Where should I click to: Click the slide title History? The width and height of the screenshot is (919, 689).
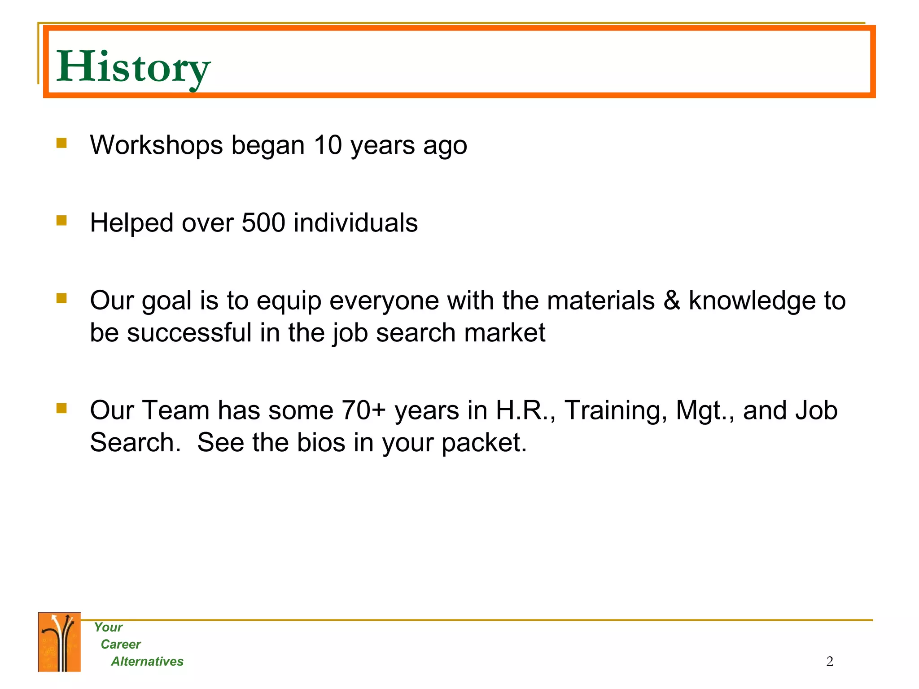133,67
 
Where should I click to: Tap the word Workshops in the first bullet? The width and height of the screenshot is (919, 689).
156,145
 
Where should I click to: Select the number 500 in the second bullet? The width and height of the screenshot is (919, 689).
263,222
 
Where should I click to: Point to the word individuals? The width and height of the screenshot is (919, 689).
355,222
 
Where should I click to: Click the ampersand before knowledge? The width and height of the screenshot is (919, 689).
671,301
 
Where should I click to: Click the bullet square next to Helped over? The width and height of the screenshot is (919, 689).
61,220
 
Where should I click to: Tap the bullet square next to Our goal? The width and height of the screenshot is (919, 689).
61,298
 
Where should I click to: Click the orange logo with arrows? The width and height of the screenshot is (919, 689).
59,642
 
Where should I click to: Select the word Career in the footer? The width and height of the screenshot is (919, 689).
120,644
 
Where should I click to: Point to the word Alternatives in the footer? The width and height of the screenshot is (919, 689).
147,661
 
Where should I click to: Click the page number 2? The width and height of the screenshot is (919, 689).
829,661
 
